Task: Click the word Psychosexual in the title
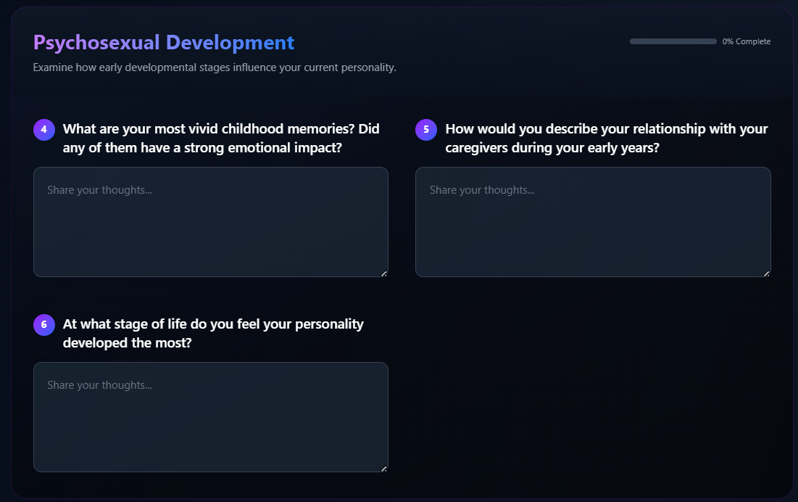tap(96, 43)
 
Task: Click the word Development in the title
tap(230, 43)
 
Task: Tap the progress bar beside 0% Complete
tap(673, 41)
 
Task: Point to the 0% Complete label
tap(746, 41)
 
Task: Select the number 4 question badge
tap(44, 129)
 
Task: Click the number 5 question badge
tap(426, 129)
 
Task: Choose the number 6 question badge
tap(44, 325)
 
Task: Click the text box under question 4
tap(211, 222)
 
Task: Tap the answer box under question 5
tap(593, 222)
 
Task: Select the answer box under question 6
tap(211, 417)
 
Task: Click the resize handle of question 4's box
tap(383, 274)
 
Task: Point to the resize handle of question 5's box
tap(766, 274)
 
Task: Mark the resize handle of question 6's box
tap(383, 469)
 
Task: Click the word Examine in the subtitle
tap(53, 67)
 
